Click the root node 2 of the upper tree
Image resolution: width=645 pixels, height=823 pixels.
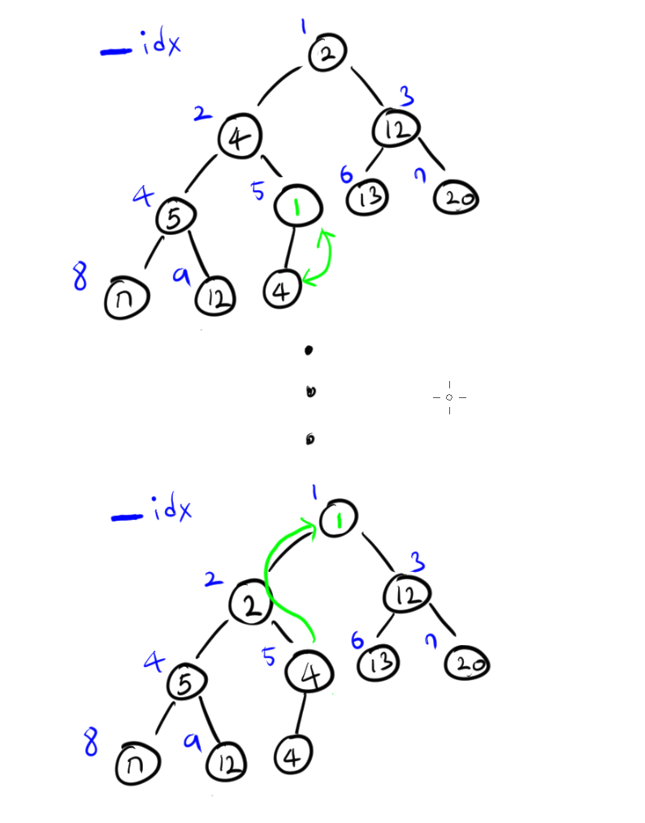tap(327, 54)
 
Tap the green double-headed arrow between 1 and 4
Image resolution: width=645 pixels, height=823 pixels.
tap(323, 258)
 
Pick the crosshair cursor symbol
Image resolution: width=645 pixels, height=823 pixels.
tap(449, 397)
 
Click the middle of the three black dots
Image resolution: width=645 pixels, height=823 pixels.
tap(310, 392)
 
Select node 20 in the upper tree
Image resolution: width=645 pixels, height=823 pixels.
tap(456, 198)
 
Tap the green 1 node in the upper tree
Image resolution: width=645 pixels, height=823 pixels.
tap(298, 206)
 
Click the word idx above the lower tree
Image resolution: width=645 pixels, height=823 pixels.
tap(172, 512)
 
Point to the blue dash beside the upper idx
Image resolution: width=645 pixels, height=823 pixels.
tap(116, 51)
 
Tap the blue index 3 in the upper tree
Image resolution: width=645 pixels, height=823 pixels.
tap(406, 98)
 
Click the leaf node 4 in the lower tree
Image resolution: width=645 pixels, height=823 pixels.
tap(293, 757)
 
